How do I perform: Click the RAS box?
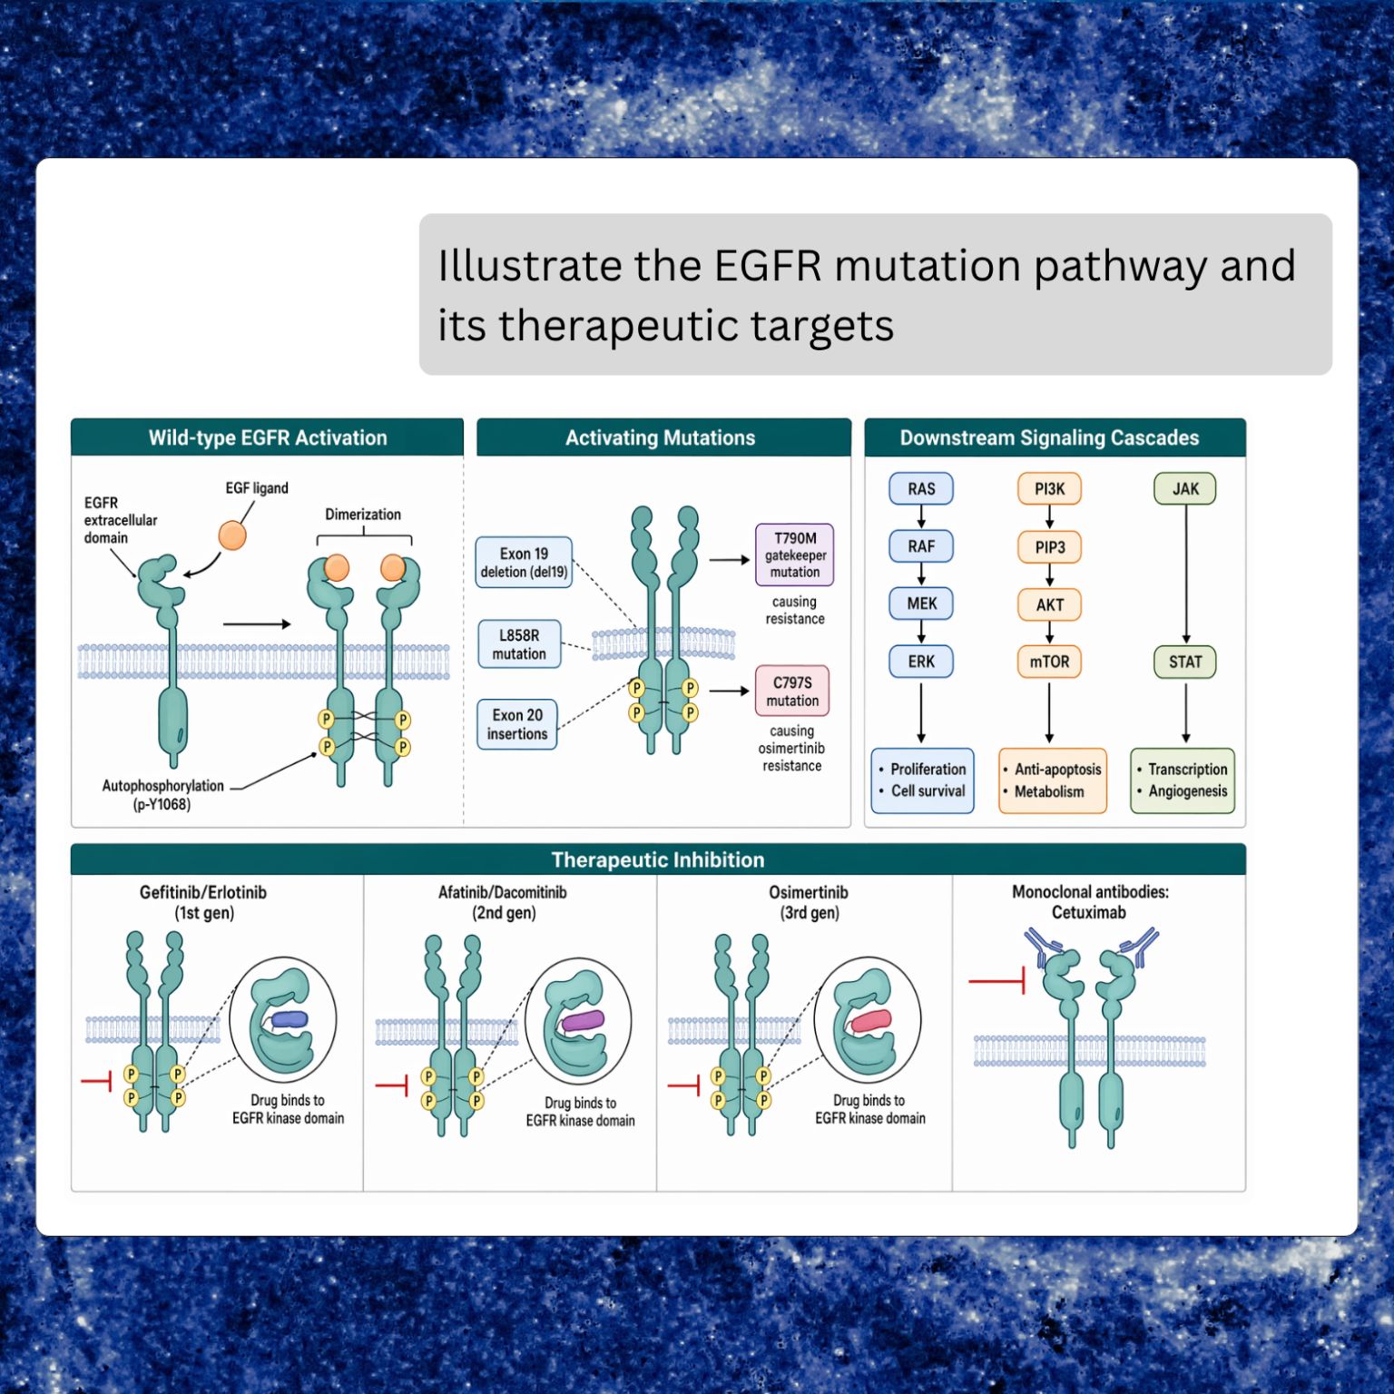921,488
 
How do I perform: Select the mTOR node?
1049,662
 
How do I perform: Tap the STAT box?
1184,662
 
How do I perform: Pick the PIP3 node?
1049,547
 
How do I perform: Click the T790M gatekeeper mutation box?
794,555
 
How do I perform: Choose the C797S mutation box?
792,692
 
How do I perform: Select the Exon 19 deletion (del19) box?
524,563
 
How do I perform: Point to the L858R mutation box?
519,644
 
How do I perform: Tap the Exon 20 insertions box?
517,724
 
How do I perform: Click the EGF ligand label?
257,488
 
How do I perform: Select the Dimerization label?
363,515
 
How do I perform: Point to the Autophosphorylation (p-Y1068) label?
162,795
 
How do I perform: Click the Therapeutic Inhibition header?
658,859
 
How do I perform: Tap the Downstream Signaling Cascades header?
1049,438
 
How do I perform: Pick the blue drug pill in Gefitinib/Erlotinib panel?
290,1019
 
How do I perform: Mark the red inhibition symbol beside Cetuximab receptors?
997,981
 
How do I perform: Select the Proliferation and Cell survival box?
922,780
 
